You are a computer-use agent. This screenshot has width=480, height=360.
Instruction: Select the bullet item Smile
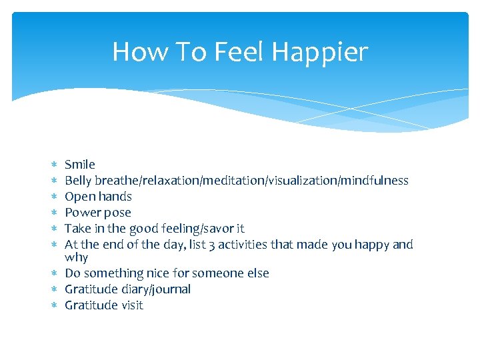point(80,165)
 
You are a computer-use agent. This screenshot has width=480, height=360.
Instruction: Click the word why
point(76,257)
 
